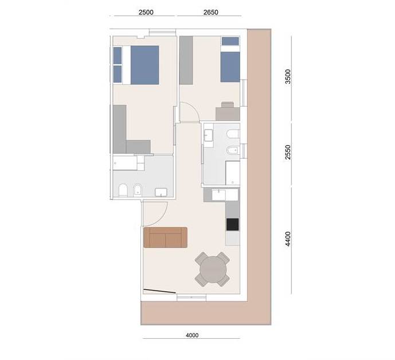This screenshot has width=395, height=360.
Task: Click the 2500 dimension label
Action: click(x=146, y=12)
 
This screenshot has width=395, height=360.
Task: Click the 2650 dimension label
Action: click(x=210, y=12)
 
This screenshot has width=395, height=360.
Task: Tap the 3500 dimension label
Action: click(x=288, y=76)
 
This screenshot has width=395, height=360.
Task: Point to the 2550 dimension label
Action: click(x=288, y=152)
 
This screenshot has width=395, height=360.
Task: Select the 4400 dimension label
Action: click(x=288, y=239)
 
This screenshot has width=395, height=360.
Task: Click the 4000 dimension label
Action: click(x=192, y=335)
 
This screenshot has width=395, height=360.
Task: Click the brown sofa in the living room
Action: click(x=165, y=237)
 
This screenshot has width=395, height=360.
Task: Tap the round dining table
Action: click(x=212, y=269)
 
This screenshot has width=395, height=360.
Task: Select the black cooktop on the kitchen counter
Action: click(x=233, y=225)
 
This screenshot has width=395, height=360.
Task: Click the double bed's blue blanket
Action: click(x=145, y=65)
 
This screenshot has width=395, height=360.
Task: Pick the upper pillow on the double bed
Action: click(x=118, y=56)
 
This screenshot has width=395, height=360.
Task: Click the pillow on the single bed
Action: click(x=230, y=41)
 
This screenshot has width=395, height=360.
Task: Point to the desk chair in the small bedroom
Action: click(x=228, y=104)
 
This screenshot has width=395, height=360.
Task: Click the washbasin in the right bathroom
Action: click(x=208, y=135)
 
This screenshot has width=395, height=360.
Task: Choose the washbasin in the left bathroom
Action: click(x=161, y=192)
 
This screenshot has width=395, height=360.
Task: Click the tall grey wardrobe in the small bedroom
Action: click(x=186, y=60)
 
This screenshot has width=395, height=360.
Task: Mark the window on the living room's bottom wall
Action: click(x=191, y=298)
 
